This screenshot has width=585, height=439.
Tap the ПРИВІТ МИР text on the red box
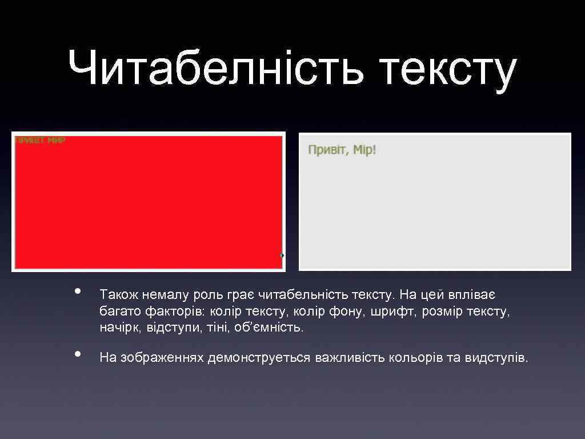click(x=40, y=140)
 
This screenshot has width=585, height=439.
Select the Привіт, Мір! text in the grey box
click(x=342, y=150)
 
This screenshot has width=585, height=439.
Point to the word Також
click(x=118, y=295)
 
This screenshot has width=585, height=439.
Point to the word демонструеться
click(x=259, y=358)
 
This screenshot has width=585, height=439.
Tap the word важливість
click(x=350, y=358)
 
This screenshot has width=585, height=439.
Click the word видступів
click(x=496, y=358)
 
